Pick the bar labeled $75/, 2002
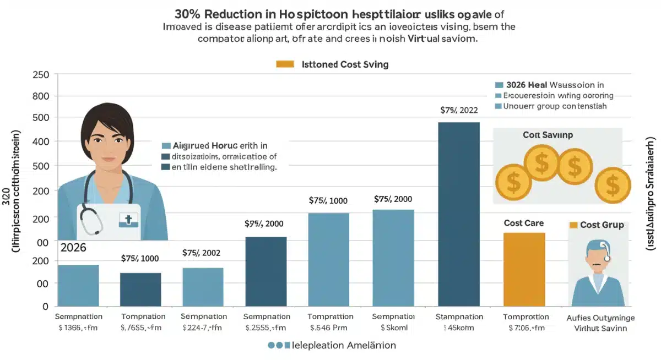(203, 287)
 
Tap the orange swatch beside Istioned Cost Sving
(285, 64)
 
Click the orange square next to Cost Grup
(573, 225)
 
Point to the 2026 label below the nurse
(73, 248)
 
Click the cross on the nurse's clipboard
(128, 220)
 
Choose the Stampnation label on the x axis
(459, 317)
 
